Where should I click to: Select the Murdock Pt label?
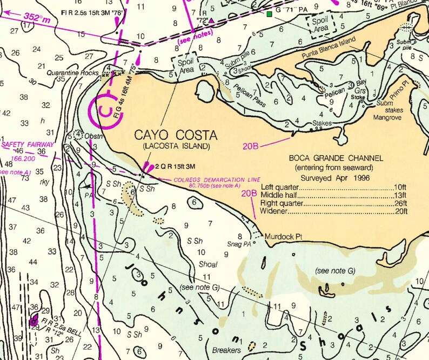pyautogui.click(x=282, y=236)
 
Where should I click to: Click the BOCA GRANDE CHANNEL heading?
pyautogui.click(x=336, y=158)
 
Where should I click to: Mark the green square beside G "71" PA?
pyautogui.click(x=269, y=14)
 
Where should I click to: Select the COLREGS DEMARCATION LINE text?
pyautogui.click(x=216, y=179)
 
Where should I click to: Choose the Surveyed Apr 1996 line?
pyautogui.click(x=336, y=177)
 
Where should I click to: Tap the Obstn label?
pyautogui.click(x=92, y=135)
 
